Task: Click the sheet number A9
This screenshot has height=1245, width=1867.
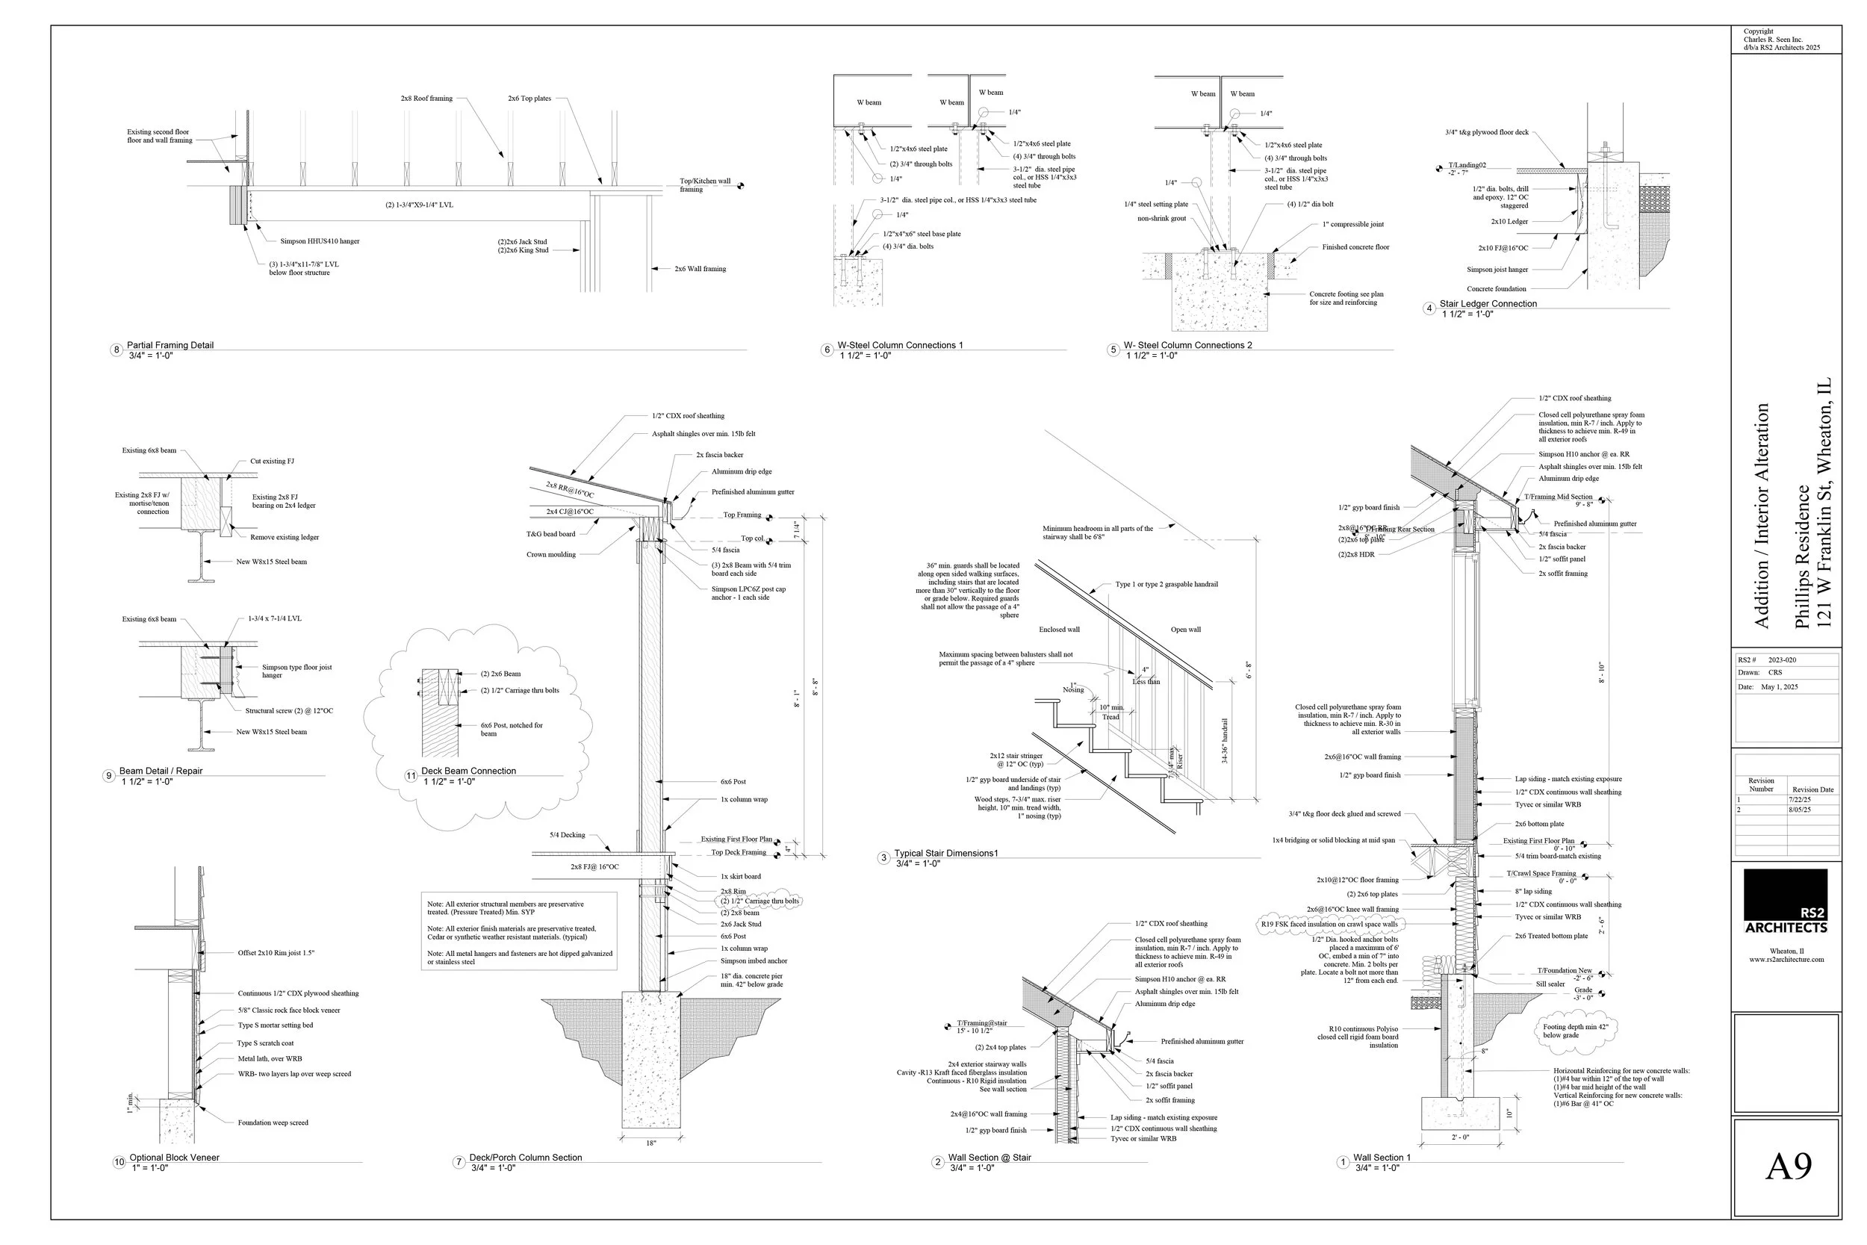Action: coord(1788,1167)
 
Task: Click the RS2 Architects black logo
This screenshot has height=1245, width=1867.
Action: coord(1786,901)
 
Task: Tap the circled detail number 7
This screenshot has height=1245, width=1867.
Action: coord(458,1162)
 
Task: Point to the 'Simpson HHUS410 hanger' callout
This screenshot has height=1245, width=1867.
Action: coord(319,241)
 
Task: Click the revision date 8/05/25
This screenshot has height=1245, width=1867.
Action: coord(1800,810)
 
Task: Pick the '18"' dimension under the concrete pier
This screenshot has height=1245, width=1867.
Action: coord(651,1143)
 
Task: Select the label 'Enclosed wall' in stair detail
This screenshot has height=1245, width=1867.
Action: coord(1059,630)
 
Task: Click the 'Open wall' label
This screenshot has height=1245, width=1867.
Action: coord(1185,630)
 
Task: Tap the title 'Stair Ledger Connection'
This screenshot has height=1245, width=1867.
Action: coord(1488,304)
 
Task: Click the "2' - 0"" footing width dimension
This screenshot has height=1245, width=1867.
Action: coord(1460,1137)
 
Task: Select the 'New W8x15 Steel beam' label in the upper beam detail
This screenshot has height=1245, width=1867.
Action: coord(272,562)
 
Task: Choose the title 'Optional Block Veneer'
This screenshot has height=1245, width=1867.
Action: coord(174,1158)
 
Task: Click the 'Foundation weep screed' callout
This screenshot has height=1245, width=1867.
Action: coord(273,1123)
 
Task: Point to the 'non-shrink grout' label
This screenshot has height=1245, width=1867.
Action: coord(1161,218)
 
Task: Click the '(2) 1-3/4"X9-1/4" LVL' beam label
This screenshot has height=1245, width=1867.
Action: coord(419,205)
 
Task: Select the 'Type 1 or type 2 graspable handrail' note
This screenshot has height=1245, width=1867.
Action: coord(1166,584)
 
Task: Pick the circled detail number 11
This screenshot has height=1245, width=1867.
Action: coord(411,776)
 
